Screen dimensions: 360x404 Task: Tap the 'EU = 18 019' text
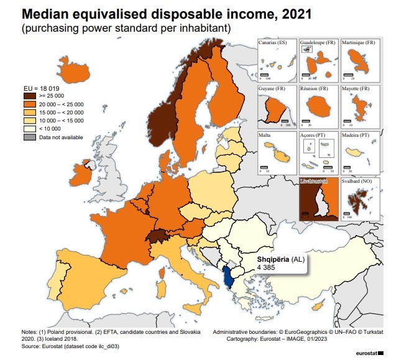[42, 88]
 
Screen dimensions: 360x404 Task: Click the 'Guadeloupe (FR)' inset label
[318, 42]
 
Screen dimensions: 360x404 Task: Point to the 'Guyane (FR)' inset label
[272, 89]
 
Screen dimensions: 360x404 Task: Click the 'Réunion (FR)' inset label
[314, 89]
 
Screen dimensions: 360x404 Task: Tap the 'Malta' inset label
[266, 135]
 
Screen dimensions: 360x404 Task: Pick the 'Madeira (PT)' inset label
[356, 135]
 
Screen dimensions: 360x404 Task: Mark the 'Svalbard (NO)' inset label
[358, 182]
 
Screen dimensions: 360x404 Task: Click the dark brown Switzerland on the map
[159, 236]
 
